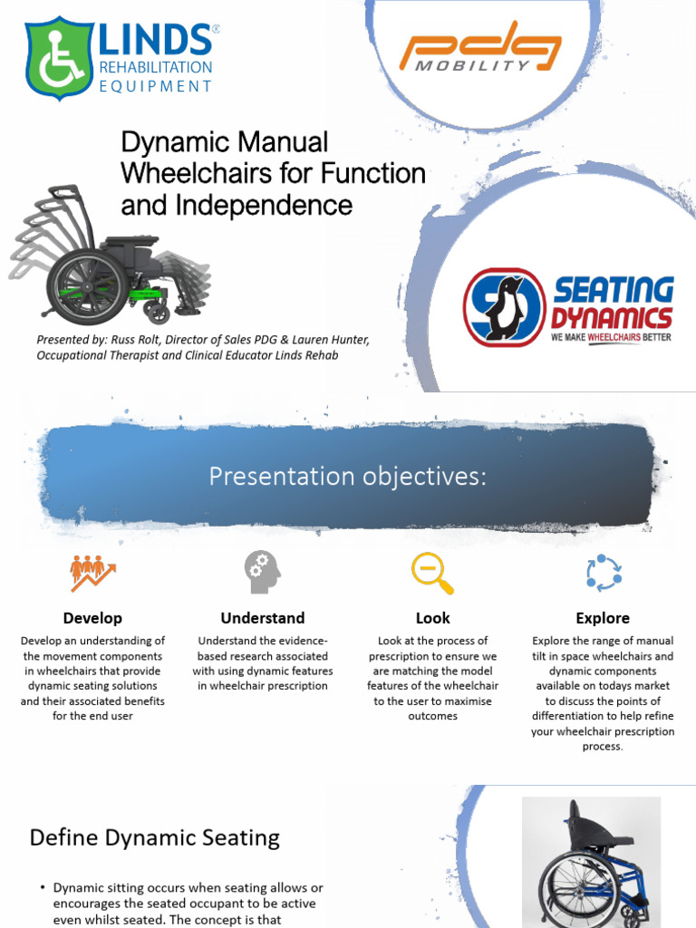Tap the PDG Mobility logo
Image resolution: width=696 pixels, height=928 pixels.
480,51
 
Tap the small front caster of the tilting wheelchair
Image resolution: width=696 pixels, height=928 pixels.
159,314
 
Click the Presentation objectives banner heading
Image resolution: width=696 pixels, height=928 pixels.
347,476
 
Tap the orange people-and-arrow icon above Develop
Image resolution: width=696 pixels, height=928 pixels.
92,573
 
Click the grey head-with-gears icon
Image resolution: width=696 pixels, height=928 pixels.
262,572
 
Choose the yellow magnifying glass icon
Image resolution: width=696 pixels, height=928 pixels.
431,573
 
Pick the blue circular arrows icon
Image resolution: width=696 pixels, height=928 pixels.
603,573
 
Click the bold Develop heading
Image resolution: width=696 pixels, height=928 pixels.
92,618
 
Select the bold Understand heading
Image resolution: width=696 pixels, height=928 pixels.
262,618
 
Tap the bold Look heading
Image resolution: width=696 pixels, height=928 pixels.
432,618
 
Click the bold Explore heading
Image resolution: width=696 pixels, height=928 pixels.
603,618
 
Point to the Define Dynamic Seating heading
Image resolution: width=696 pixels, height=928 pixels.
154,837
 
